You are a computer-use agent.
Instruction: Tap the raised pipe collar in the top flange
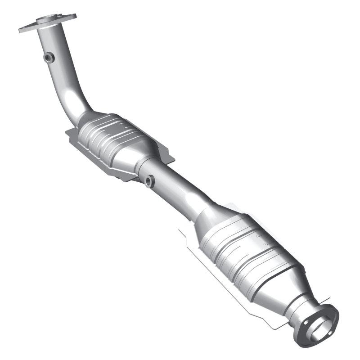click(x=49, y=19)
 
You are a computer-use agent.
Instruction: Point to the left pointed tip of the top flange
click(x=21, y=31)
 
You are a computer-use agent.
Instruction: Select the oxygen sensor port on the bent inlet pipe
click(x=49, y=57)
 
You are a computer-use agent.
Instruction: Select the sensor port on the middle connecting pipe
click(x=149, y=181)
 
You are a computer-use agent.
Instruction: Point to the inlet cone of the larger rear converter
click(x=211, y=220)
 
